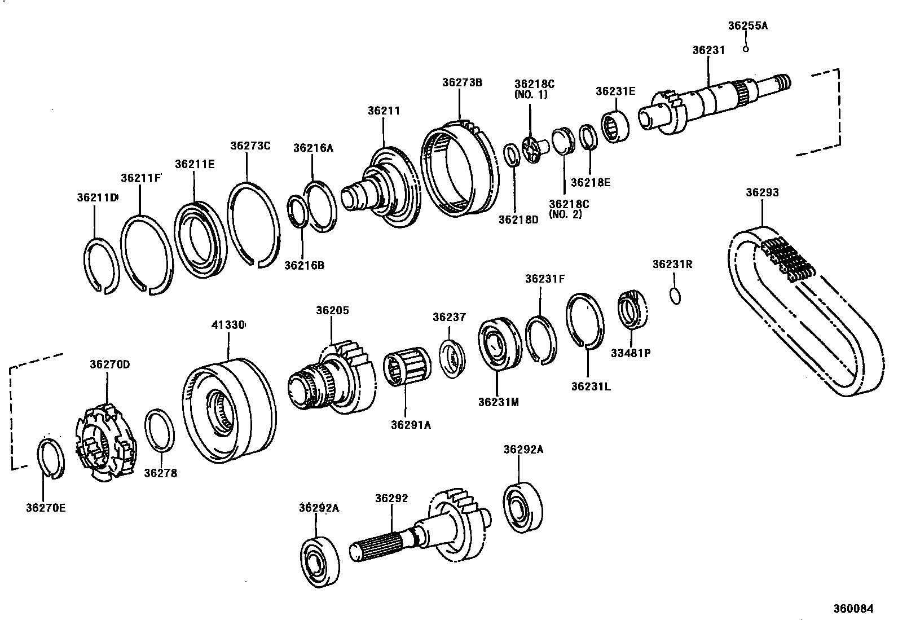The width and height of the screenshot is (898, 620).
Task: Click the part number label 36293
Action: (x=762, y=192)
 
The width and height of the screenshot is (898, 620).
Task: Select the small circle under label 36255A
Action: (x=746, y=49)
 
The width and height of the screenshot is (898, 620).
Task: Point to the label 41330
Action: (x=228, y=325)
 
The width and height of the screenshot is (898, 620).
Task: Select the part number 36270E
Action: (x=46, y=508)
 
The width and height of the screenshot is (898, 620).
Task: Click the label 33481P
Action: (x=631, y=353)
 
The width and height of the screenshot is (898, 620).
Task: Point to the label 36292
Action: (x=391, y=499)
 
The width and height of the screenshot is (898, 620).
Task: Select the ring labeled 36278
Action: (x=160, y=431)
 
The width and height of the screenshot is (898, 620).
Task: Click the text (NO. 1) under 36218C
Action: (x=530, y=95)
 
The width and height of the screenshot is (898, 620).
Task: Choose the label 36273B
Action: (x=462, y=82)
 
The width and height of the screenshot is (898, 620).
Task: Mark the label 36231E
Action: (x=615, y=91)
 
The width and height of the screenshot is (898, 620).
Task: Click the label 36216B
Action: (x=304, y=265)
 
